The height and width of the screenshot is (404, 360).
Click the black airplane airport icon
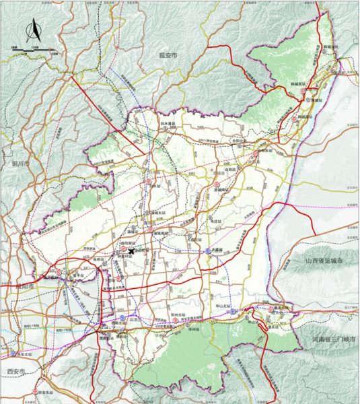point(133,251)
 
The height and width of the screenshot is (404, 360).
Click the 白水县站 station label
point(168,124)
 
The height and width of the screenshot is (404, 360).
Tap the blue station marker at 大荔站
point(208,250)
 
